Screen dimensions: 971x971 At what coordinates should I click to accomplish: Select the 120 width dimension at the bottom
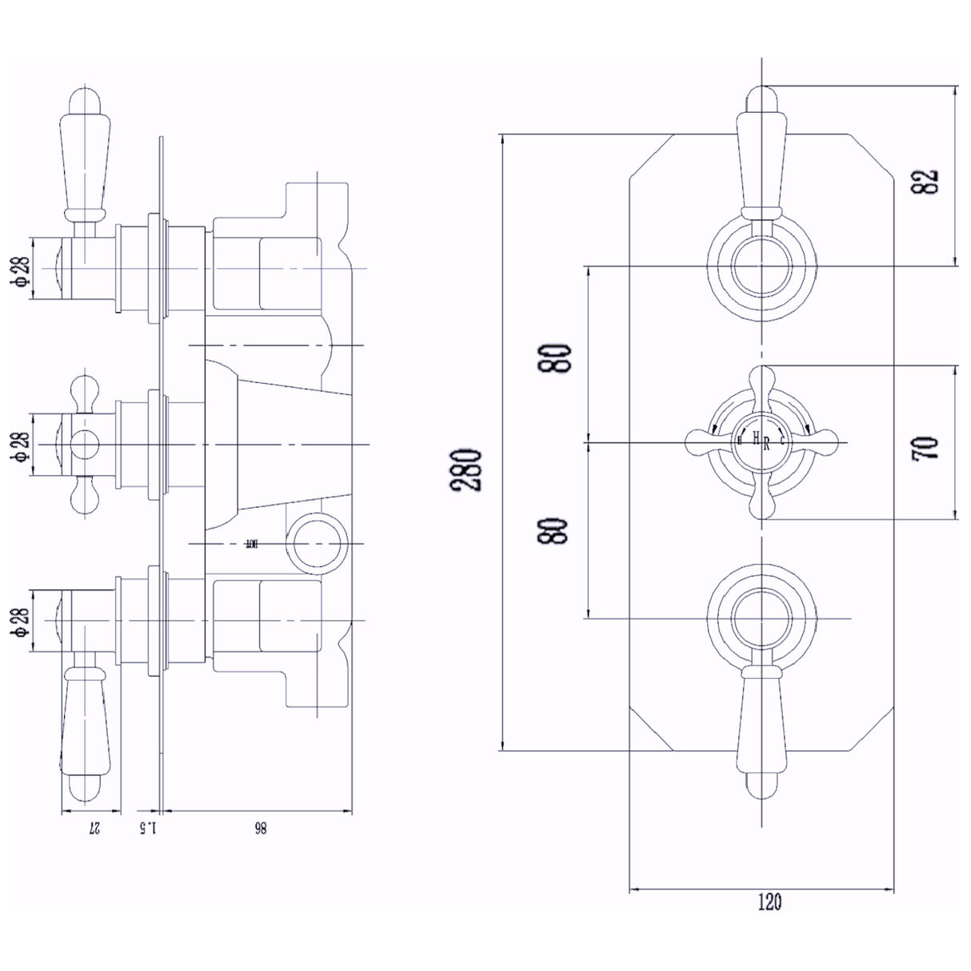pyautogui.click(x=768, y=903)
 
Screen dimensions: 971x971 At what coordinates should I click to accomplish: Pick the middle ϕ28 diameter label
pyautogui.click(x=21, y=445)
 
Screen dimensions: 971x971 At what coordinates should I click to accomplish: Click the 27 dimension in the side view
pyautogui.click(x=93, y=829)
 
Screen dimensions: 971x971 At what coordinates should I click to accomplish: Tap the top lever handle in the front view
pyautogui.click(x=761, y=152)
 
